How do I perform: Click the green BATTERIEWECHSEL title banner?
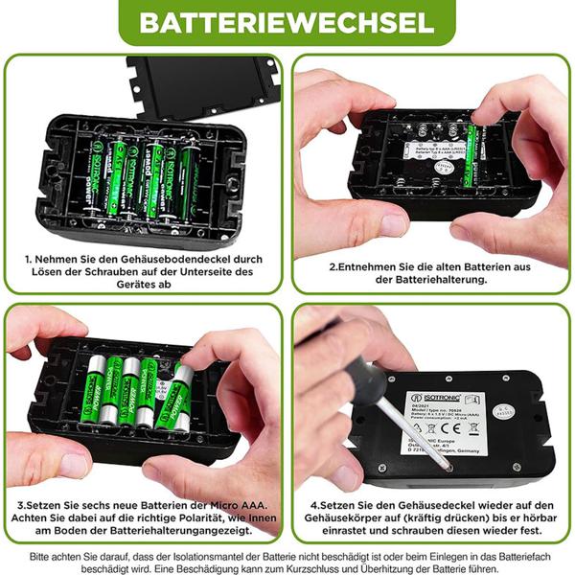[287, 21]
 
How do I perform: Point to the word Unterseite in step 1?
[200, 272]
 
